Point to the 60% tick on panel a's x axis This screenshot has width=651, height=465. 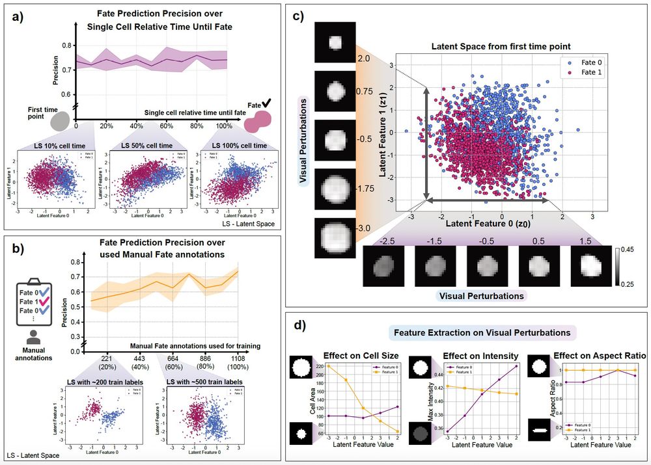coord(166,126)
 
